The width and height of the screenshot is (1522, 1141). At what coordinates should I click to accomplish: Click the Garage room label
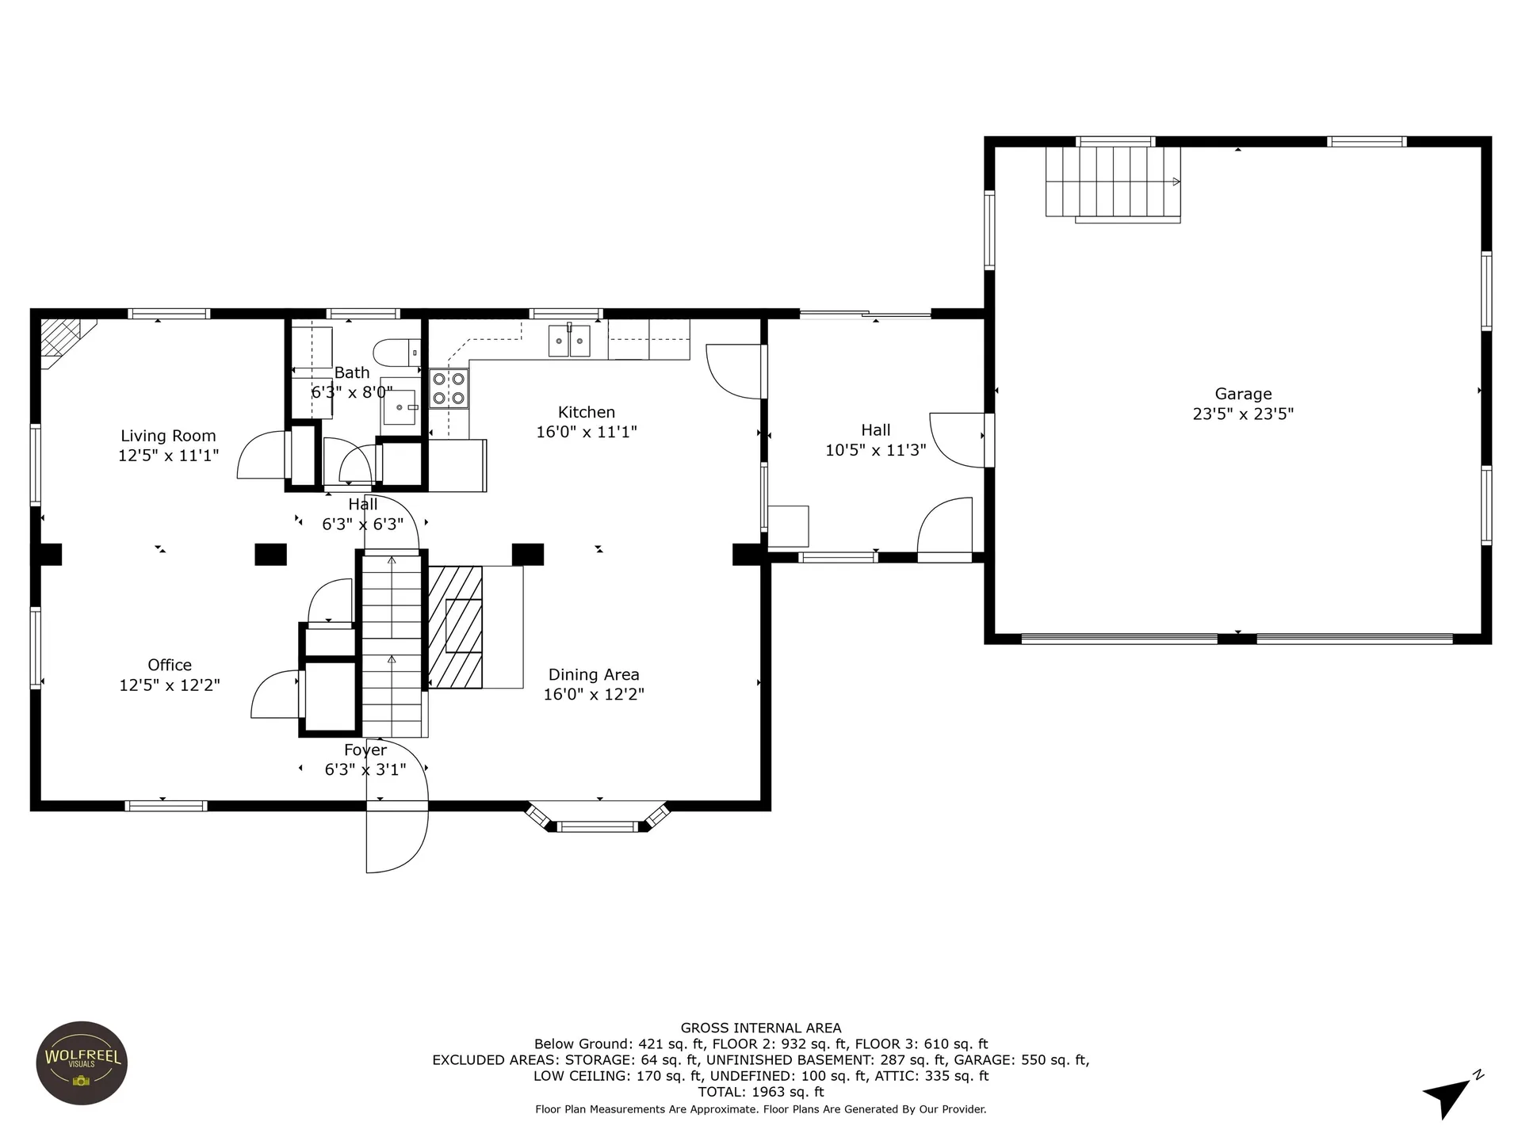pyautogui.click(x=1243, y=394)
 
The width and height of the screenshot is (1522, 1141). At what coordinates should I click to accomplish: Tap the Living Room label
pyautogui.click(x=168, y=436)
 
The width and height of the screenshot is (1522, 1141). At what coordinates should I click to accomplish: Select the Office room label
pyautogui.click(x=170, y=665)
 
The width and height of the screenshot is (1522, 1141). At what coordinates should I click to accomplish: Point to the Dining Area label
pyautogui.click(x=594, y=675)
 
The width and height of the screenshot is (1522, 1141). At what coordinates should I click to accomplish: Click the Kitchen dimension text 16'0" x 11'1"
pyautogui.click(x=587, y=432)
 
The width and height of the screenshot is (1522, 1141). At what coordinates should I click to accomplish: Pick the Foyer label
pyautogui.click(x=365, y=750)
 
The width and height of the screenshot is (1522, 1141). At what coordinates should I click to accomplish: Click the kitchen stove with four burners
pyautogui.click(x=449, y=389)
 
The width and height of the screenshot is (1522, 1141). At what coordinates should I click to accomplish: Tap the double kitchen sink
pyautogui.click(x=569, y=341)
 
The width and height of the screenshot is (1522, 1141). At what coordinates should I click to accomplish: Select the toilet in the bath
pyautogui.click(x=397, y=352)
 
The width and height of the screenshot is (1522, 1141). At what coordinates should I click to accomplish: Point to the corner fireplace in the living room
pyautogui.click(x=63, y=342)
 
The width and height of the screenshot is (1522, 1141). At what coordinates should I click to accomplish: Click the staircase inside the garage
pyautogui.click(x=1113, y=184)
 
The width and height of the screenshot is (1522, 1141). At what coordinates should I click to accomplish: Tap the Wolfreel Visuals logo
pyautogui.click(x=82, y=1063)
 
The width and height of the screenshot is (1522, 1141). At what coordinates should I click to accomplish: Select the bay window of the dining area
pyautogui.click(x=598, y=819)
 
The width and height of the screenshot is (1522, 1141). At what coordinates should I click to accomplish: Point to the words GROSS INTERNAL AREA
pyautogui.click(x=761, y=1028)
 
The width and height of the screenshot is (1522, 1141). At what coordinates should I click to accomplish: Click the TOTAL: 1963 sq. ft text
pyautogui.click(x=761, y=1092)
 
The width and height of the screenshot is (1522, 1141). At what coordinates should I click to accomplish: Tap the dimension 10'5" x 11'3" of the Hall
pyautogui.click(x=876, y=450)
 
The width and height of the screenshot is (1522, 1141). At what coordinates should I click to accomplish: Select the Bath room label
pyautogui.click(x=352, y=372)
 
